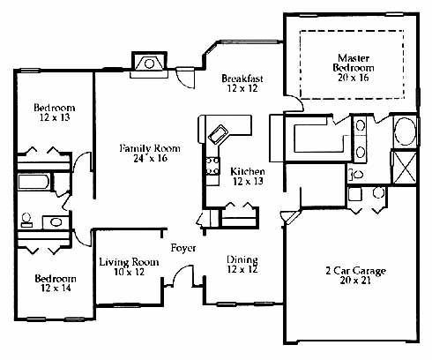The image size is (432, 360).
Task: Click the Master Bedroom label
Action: (x=354, y=63)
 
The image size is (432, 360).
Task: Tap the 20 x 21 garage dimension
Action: (x=355, y=281)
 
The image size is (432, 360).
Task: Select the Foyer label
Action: (x=183, y=248)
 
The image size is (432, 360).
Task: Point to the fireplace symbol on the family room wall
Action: (x=149, y=64)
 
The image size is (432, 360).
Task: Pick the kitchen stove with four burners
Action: (x=212, y=166)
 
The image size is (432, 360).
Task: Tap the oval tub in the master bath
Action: (x=406, y=131)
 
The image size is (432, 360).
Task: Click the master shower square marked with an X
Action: (x=405, y=167)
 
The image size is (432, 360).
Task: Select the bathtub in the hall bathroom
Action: (x=34, y=182)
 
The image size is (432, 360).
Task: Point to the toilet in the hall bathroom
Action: (x=26, y=220)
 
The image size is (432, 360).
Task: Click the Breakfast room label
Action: (x=242, y=79)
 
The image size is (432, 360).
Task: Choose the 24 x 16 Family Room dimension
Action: (x=150, y=158)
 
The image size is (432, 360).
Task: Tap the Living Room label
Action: (x=129, y=262)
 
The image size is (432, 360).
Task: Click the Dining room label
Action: (x=242, y=259)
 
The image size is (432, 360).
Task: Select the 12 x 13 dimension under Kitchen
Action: (x=248, y=181)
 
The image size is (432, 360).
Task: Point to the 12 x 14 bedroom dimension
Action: (x=56, y=288)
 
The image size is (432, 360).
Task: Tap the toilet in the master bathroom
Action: (x=355, y=175)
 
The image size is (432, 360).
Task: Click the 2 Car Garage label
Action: (x=355, y=271)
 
